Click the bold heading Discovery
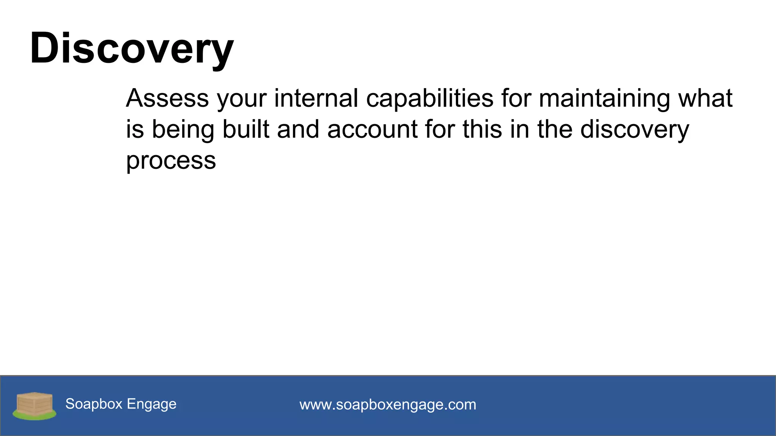point(131,48)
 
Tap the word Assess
point(167,98)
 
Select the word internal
point(316,98)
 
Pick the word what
point(705,98)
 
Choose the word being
point(183,130)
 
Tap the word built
point(246,129)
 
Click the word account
point(372,130)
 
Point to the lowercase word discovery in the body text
point(635,130)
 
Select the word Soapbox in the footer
point(94,404)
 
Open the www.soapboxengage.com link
point(388,405)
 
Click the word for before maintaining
point(516,98)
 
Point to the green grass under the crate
point(34,416)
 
